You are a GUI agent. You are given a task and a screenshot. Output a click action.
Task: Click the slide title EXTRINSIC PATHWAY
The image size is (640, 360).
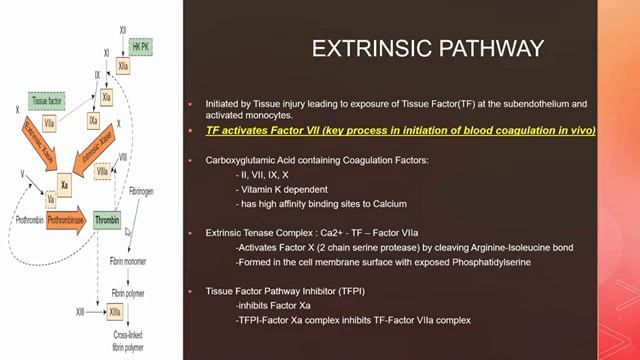(x=429, y=48)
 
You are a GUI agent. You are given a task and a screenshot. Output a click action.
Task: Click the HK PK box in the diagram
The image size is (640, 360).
(x=142, y=47)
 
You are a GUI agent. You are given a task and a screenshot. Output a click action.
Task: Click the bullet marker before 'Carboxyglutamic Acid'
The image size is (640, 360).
(x=196, y=161)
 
